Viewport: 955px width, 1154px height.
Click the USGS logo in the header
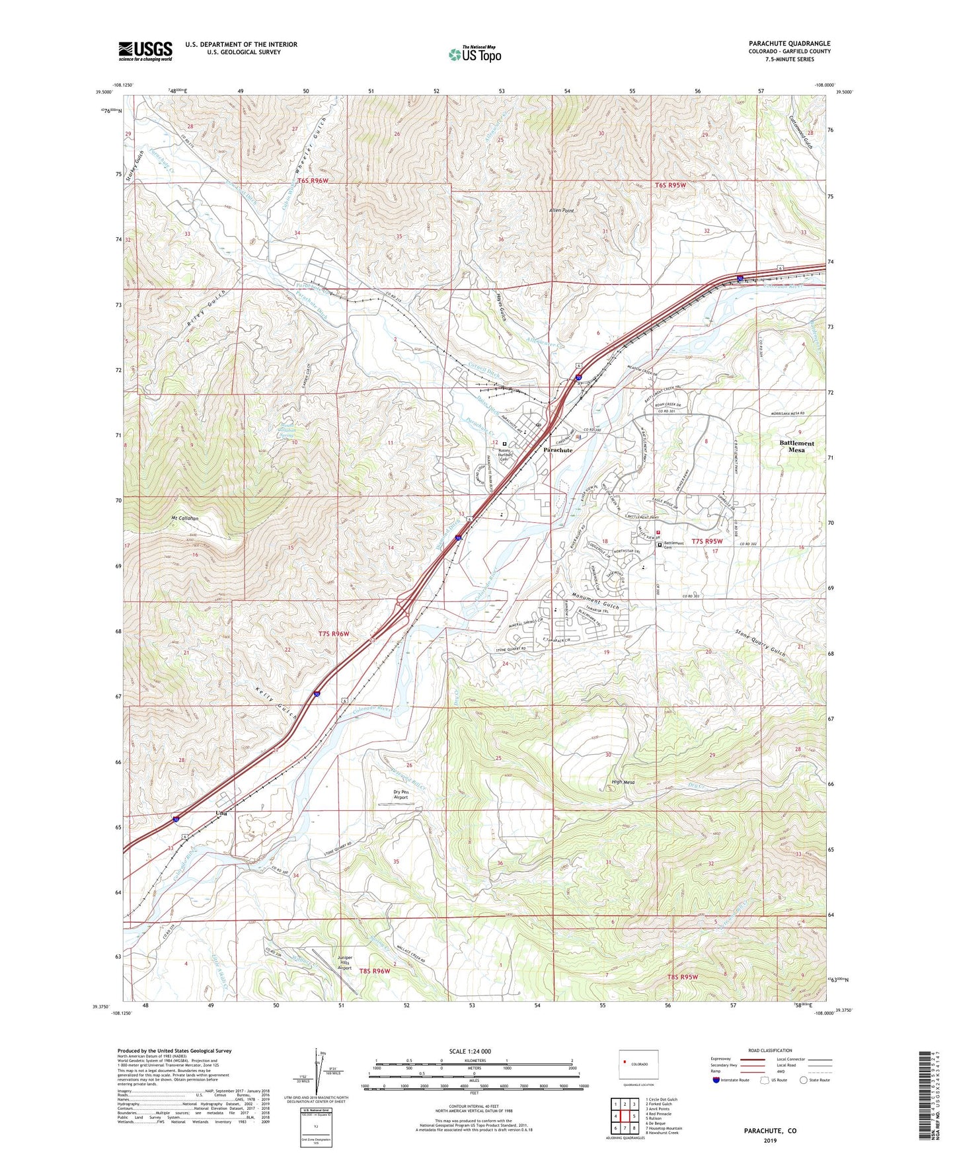click(x=145, y=51)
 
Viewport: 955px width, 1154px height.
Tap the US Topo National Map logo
click(x=475, y=54)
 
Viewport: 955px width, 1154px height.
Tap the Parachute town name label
click(x=558, y=449)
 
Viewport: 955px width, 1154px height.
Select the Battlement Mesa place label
click(x=796, y=446)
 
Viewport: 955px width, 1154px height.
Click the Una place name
click(x=221, y=813)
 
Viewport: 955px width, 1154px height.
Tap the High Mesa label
click(x=623, y=782)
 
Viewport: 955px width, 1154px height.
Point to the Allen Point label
click(x=561, y=210)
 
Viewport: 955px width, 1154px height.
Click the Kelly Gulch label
click(x=274, y=703)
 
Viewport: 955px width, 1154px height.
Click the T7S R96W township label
click(x=333, y=633)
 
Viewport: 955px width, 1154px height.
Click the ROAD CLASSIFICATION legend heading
click(x=770, y=1050)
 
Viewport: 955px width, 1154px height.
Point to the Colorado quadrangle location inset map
click(x=638, y=1066)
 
